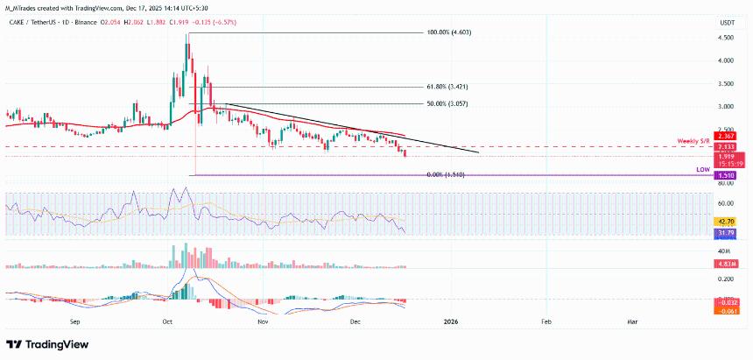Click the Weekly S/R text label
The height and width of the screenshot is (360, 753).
pyautogui.click(x=697, y=141)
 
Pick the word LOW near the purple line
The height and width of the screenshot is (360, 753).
pyautogui.click(x=703, y=167)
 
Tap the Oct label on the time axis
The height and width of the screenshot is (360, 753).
pyautogui.click(x=167, y=321)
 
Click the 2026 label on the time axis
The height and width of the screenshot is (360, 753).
pyautogui.click(x=451, y=321)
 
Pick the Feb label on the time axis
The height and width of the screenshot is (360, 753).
pyautogui.click(x=545, y=321)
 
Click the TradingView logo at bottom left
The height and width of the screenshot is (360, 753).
pyautogui.click(x=43, y=343)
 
